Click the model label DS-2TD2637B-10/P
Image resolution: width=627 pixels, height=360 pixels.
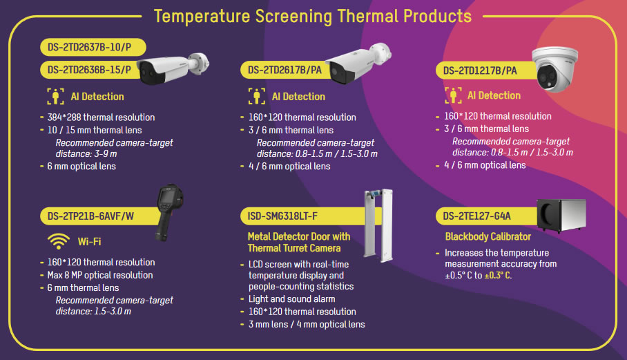point(90,47)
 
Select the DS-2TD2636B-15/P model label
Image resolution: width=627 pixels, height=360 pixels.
point(90,70)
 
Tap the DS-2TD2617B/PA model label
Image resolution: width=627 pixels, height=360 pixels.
point(284,70)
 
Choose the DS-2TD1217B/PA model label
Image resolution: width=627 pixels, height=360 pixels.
point(480,70)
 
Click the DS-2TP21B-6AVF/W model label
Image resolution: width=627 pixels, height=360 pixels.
point(90,216)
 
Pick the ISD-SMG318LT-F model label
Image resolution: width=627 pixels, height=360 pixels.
point(282,216)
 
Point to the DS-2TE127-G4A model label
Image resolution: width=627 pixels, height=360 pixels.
point(476,216)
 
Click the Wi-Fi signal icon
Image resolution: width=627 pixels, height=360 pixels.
point(59,241)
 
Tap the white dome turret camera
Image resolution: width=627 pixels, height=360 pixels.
point(555,69)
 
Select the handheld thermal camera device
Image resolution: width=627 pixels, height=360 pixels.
point(170,213)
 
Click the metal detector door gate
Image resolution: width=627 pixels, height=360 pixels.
point(378,225)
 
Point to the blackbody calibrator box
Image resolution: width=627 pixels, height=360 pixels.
point(561,215)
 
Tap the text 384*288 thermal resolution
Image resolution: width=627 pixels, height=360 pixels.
point(102,117)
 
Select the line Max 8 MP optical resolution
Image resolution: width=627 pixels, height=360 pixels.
point(100,275)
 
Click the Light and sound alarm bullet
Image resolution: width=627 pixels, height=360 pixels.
point(292,299)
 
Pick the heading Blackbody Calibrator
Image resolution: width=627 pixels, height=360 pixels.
point(488,236)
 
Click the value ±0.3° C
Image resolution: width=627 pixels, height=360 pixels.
point(498,275)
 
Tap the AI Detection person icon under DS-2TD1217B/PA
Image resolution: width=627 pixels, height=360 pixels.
point(453,95)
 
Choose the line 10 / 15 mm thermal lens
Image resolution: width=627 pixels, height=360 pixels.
point(95,130)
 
